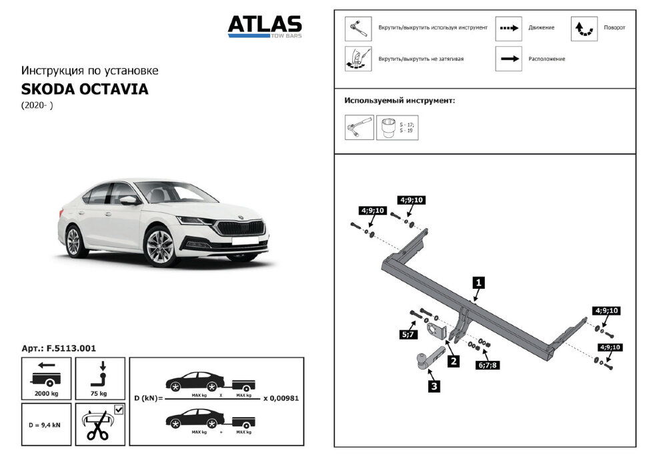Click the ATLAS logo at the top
(x=265, y=25)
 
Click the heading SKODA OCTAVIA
(x=85, y=89)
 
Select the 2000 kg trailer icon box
(x=47, y=378)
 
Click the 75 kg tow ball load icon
(x=100, y=378)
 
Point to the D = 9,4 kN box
(x=47, y=424)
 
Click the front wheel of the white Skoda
(x=159, y=246)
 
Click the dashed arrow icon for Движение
(x=508, y=28)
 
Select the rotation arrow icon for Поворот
(x=584, y=28)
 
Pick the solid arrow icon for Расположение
(x=508, y=59)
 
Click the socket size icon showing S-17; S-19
(x=388, y=127)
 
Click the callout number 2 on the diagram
(x=453, y=362)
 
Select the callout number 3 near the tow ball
(x=434, y=385)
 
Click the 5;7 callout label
(x=409, y=334)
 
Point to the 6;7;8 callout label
(x=488, y=364)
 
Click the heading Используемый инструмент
(x=400, y=100)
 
